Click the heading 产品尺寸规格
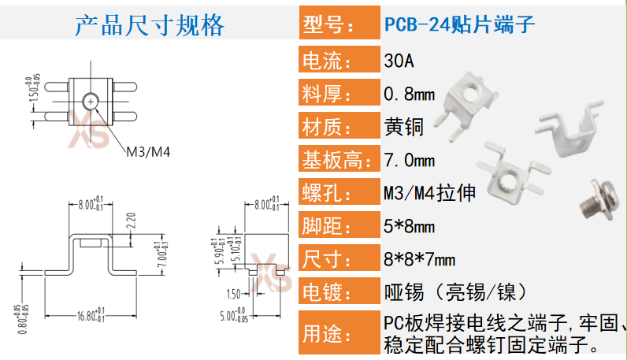click(x=149, y=25)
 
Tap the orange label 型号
click(x=328, y=25)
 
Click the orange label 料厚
click(x=328, y=95)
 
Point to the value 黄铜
click(x=404, y=127)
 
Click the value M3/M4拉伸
click(x=429, y=193)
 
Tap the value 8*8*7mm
click(x=419, y=259)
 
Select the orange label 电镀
click(x=328, y=292)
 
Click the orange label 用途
click(x=328, y=333)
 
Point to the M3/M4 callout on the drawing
click(x=149, y=151)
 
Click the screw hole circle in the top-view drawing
click(x=92, y=101)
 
